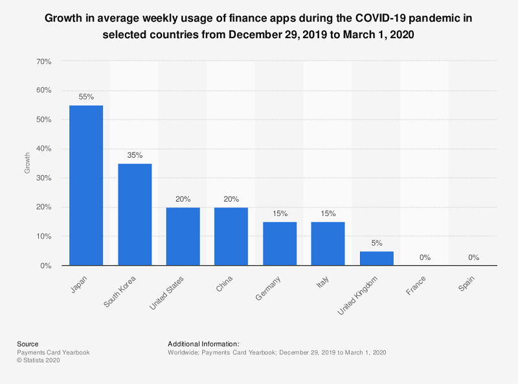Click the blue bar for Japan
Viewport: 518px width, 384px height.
[x=86, y=185]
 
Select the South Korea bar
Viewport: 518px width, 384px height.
[x=135, y=214]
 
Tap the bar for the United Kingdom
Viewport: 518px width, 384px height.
[x=376, y=258]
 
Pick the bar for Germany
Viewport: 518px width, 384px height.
[x=280, y=244]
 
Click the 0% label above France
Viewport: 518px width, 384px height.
[x=425, y=257]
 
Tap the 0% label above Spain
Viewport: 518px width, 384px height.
[x=473, y=257]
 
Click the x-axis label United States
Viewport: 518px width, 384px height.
[x=166, y=292]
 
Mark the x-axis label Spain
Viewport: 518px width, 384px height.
[x=466, y=282]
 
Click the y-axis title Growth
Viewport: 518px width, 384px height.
[x=27, y=163]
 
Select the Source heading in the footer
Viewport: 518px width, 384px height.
[x=27, y=344]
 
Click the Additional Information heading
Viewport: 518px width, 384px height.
[x=203, y=344]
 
